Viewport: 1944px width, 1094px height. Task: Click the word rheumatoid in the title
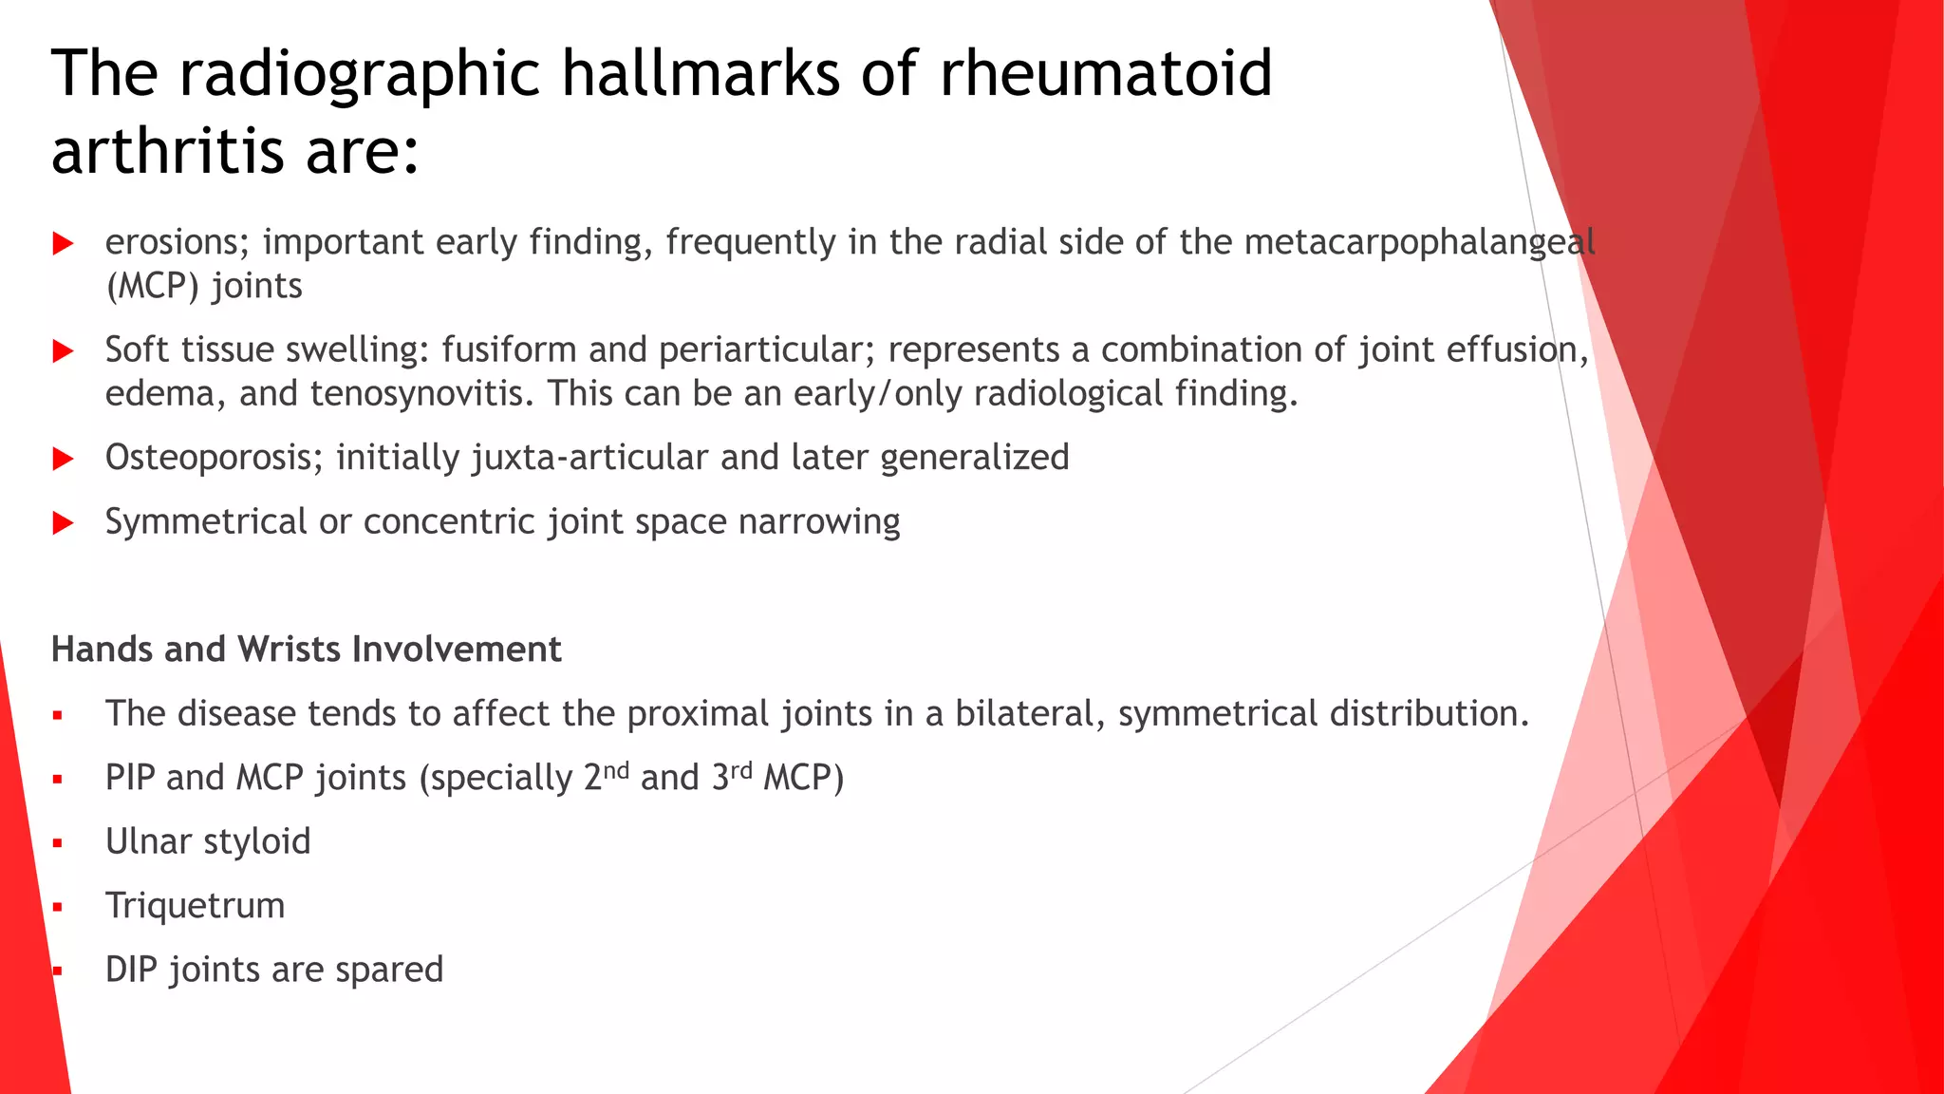click(1106, 74)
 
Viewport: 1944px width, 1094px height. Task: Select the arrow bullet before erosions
click(64, 244)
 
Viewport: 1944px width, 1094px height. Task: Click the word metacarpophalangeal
click(1419, 243)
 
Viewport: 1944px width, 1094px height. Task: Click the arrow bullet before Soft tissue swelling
click(64, 351)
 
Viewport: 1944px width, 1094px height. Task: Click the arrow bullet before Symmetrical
click(64, 522)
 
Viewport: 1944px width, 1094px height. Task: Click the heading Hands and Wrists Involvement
click(306, 650)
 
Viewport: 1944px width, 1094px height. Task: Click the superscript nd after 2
click(617, 770)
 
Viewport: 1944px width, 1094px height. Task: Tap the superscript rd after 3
click(741, 770)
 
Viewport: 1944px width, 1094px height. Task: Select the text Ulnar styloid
click(208, 841)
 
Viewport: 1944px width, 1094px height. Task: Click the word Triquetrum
click(195, 906)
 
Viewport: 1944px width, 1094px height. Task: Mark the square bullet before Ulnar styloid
click(58, 843)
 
